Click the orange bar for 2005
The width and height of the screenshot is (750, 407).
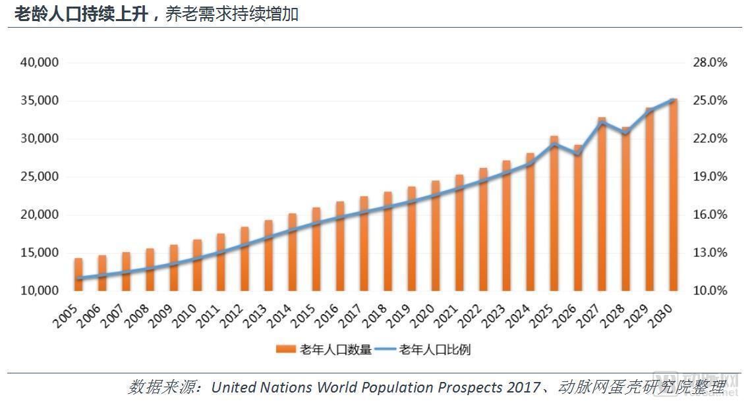click(78, 275)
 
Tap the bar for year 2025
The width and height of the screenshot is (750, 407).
click(554, 213)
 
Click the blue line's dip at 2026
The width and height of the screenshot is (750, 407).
click(578, 155)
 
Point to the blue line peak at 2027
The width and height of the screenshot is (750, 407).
click(602, 122)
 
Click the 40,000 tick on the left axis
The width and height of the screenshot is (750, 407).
click(40, 63)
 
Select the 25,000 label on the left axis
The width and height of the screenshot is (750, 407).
click(40, 176)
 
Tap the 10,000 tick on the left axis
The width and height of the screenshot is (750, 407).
click(40, 290)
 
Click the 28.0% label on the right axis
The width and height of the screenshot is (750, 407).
click(710, 63)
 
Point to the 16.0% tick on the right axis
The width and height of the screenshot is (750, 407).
click(710, 215)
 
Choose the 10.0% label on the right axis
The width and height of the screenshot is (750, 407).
click(710, 290)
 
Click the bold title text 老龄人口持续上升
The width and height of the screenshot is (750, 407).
click(79, 14)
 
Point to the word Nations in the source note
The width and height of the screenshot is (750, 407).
click(285, 387)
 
